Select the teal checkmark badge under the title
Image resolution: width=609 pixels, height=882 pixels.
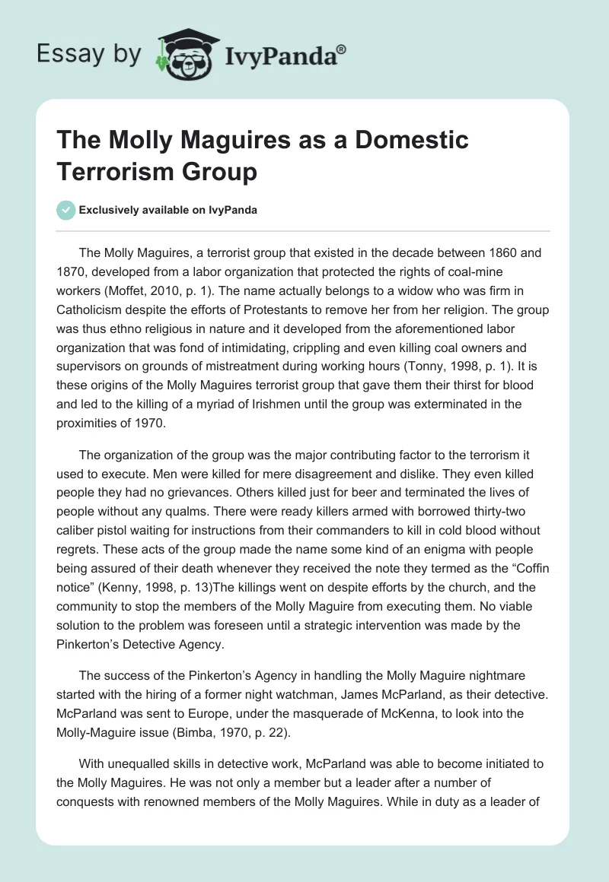(x=65, y=211)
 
